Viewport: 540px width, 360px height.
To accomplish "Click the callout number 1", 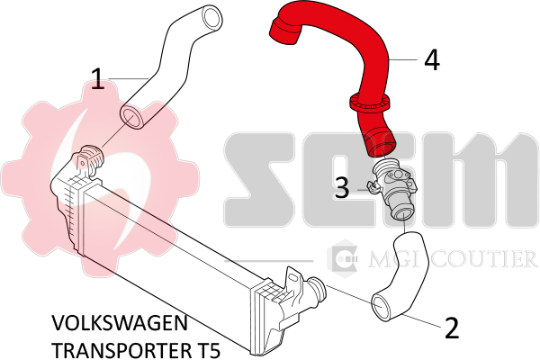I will point(100,80).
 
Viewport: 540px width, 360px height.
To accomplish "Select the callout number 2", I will point(452,327).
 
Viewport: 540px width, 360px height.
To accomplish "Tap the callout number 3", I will point(342,188).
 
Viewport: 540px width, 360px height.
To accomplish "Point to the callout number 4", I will point(432,60).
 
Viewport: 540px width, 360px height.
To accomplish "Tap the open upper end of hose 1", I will point(212,16).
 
